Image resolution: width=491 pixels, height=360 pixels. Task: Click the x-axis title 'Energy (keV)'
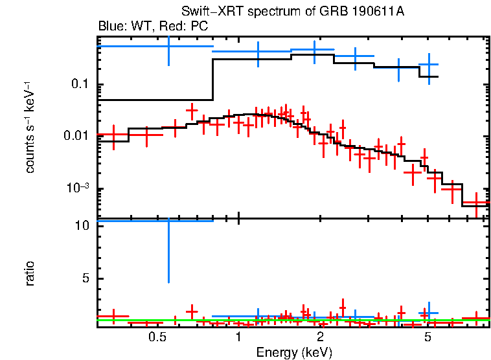point(294,352)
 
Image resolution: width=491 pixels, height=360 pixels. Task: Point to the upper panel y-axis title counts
point(30,129)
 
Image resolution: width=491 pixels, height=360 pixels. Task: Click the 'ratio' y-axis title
point(30,273)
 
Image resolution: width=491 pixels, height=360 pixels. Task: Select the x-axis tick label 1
point(238,337)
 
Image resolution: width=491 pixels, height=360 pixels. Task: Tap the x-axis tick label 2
point(320,337)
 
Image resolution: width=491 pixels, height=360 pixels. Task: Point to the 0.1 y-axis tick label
point(80,85)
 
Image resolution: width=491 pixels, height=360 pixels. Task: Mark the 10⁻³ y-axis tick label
point(77,188)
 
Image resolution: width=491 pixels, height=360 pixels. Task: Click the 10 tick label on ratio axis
point(82,226)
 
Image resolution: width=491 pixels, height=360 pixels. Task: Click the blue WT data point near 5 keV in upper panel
point(428,64)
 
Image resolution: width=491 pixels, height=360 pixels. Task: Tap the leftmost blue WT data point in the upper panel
point(168,46)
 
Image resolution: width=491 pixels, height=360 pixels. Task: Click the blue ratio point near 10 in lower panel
point(168,221)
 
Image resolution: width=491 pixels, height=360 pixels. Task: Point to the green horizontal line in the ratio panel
point(291,320)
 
